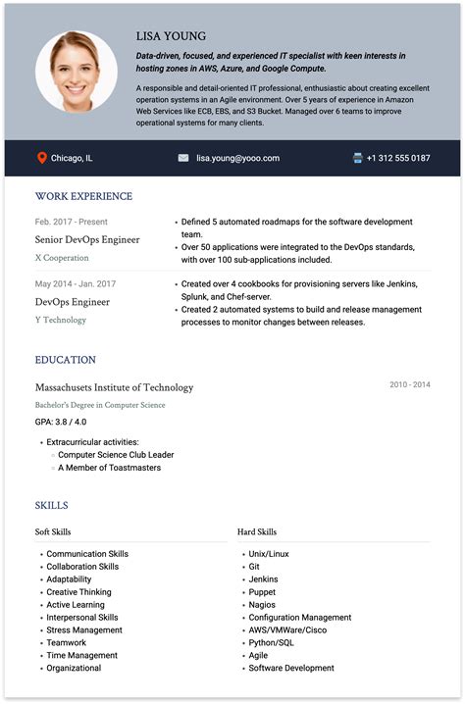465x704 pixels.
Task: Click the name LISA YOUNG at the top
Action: coord(172,36)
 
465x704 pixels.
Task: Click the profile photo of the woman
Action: coord(77,71)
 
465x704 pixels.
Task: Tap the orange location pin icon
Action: coord(42,158)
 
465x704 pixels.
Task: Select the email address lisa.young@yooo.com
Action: coord(237,158)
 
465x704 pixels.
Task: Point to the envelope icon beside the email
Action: coord(183,158)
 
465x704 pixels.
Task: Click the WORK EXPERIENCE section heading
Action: coord(83,196)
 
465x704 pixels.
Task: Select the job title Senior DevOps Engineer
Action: coord(87,239)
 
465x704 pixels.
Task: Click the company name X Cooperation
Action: coord(62,258)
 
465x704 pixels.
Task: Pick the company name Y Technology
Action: coord(61,320)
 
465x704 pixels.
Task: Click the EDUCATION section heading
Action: coord(66,360)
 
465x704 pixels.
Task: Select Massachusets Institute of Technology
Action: coord(114,387)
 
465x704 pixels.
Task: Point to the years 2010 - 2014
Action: coord(409,384)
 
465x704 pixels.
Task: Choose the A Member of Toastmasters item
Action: coord(109,468)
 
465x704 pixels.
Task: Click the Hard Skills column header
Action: coord(257,532)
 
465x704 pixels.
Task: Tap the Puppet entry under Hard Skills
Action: coord(262,592)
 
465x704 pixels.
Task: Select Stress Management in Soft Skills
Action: coord(84,630)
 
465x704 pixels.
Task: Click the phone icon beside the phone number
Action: coord(358,158)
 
